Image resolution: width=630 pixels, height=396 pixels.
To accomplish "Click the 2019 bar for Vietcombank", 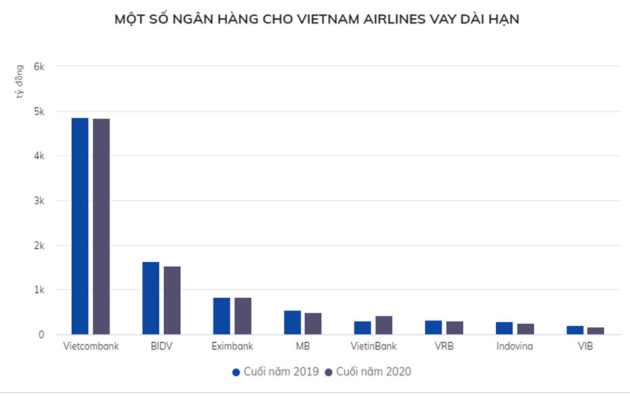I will pos(80,226).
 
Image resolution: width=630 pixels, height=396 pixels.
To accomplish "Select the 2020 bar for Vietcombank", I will pos(101,227).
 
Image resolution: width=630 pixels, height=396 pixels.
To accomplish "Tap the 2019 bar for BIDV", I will pos(151,298).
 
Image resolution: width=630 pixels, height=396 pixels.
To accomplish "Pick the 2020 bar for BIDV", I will pos(172,300).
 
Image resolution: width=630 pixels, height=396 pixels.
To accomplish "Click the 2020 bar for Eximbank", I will pos(243,316).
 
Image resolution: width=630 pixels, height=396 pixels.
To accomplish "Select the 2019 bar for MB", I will pos(292,322).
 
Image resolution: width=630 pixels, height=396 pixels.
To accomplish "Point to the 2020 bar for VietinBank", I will pos(384,325).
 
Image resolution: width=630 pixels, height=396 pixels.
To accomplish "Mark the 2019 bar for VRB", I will pos(433,327).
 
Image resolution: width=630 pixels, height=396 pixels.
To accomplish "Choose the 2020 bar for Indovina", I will pos(525,329).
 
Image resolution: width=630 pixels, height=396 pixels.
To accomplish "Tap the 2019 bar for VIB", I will pos(575,330).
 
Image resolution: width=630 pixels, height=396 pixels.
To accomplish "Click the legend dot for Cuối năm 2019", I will pos(236,372).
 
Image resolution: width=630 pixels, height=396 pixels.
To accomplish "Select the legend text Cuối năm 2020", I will pos(374,372).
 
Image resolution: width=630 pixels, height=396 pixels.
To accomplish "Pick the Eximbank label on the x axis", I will pos(232,346).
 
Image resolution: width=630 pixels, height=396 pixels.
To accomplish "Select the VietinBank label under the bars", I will pos(374,346).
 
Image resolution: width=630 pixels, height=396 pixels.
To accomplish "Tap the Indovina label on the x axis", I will pos(515,346).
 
